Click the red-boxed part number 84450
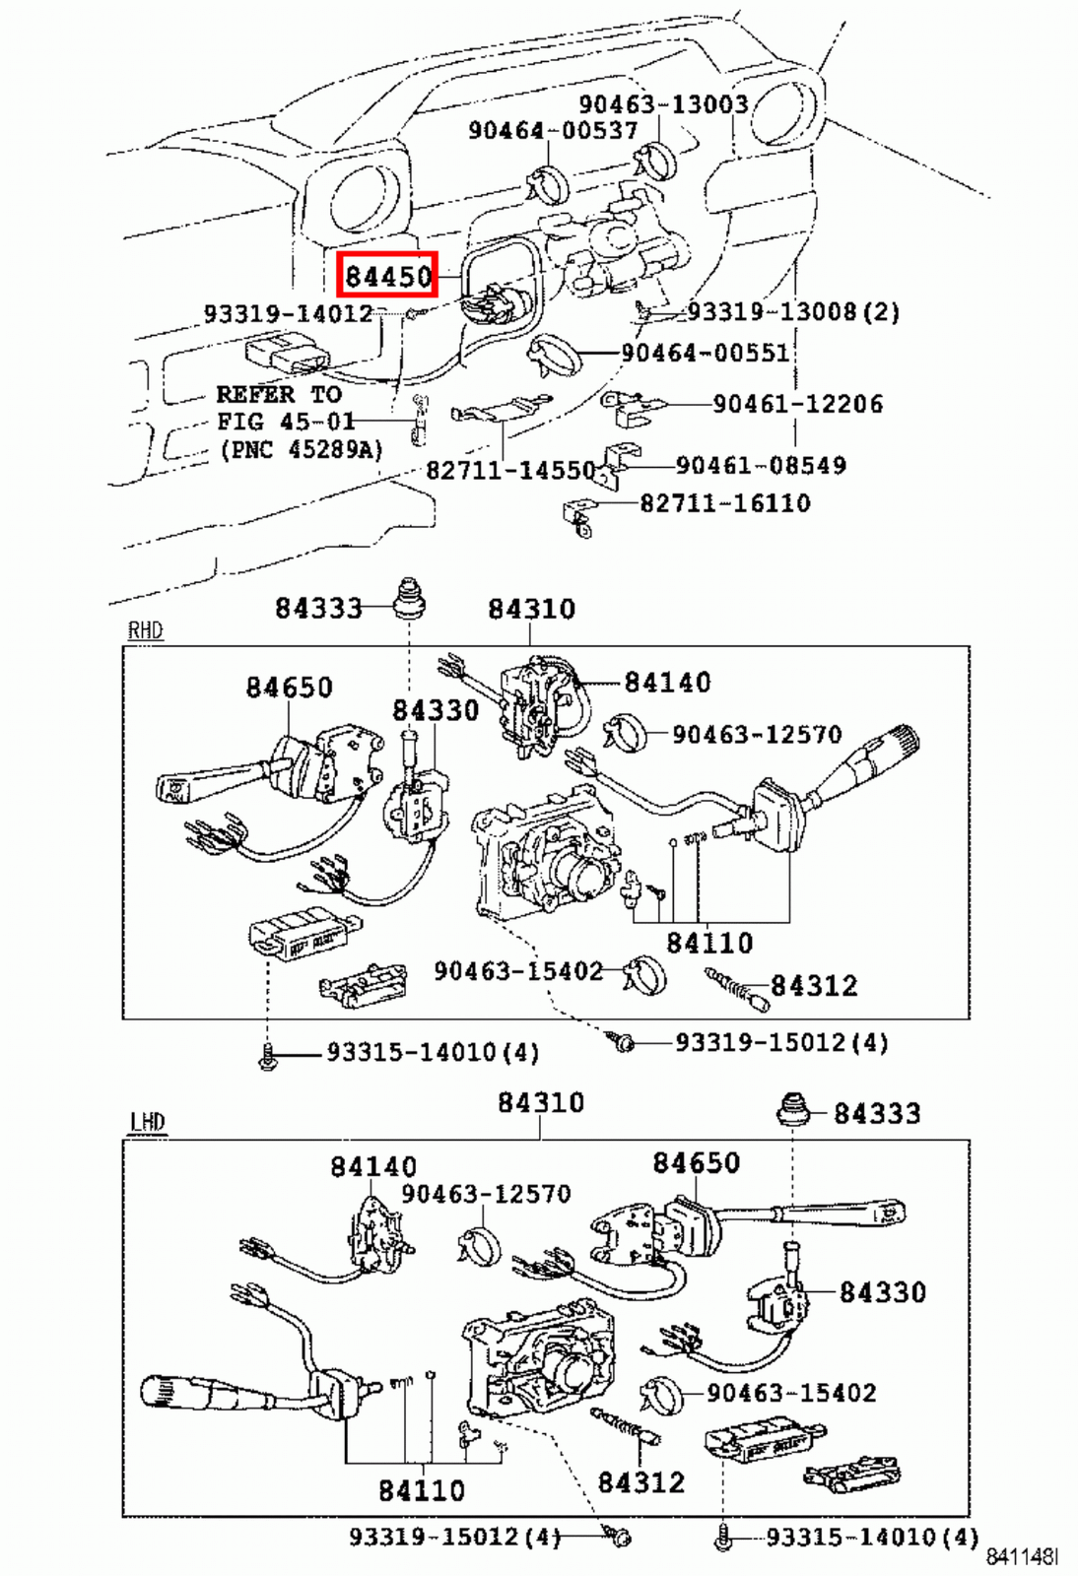(388, 276)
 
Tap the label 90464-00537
(552, 130)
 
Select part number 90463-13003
(663, 104)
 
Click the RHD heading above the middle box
(145, 630)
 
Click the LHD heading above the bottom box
(147, 1122)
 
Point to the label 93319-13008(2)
(793, 312)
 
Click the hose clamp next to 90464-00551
(554, 355)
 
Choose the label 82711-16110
(725, 503)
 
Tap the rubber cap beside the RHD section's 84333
(409, 598)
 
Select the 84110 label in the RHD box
(709, 943)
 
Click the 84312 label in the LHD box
(641, 1481)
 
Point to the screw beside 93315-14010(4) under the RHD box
(267, 1058)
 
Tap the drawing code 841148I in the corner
(1023, 1556)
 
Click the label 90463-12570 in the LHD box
(486, 1194)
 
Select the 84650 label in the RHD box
(290, 687)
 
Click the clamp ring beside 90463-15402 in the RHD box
(645, 975)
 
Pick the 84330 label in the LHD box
(883, 1291)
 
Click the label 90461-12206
(797, 404)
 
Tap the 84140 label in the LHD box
(373, 1166)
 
